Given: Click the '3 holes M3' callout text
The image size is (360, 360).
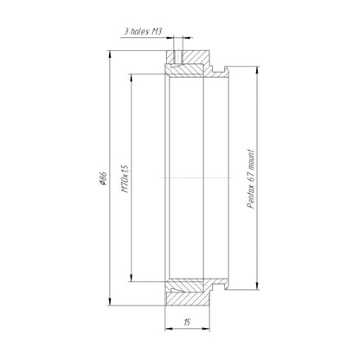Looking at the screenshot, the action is [143, 31].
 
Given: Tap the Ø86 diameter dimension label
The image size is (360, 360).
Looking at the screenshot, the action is [103, 178].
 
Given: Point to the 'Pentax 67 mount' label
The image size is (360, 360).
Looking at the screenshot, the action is [251, 179].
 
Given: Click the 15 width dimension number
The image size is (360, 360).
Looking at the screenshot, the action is [187, 322].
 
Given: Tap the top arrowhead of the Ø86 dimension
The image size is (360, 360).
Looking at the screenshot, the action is [110, 55].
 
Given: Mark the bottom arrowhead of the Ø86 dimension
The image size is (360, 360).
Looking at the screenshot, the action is [110, 301].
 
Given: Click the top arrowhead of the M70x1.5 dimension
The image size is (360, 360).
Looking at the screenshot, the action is [131, 78].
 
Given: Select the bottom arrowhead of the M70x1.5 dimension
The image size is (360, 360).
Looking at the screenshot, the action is [131, 278].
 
